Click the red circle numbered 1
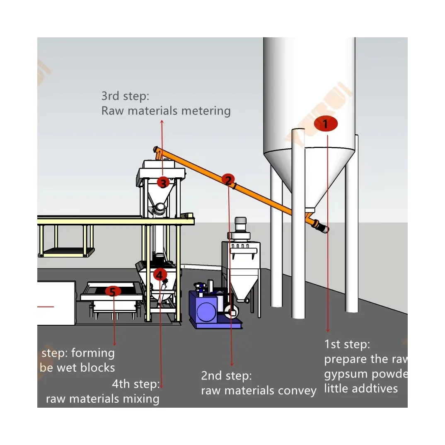[x=326, y=124]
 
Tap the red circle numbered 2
[x=227, y=179]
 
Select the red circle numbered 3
[x=163, y=182]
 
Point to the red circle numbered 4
[x=160, y=274]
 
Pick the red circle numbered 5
[x=112, y=291]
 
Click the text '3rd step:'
[x=125, y=96]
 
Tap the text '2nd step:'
[x=226, y=376]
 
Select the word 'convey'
[x=296, y=391]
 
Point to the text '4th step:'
[x=136, y=384]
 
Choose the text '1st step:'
[x=347, y=344]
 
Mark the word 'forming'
[x=93, y=353]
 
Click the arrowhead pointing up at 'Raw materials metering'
[x=162, y=121]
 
